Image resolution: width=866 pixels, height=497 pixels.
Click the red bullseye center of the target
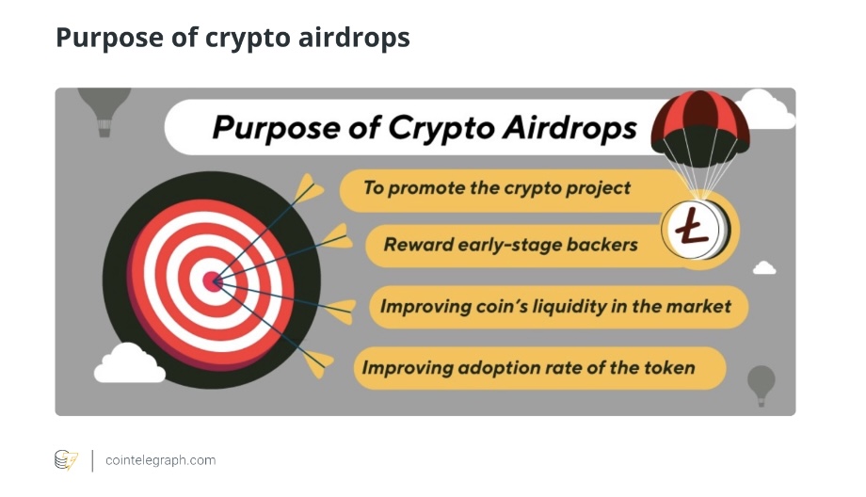[x=212, y=281]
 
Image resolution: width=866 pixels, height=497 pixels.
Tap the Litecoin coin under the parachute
[x=696, y=229]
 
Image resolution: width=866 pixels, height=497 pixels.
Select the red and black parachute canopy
[x=700, y=128]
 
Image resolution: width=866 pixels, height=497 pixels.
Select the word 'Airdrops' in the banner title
[x=569, y=128]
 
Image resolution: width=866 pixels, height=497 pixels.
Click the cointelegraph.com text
[x=161, y=460]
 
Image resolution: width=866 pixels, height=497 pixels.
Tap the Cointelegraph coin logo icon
[x=66, y=460]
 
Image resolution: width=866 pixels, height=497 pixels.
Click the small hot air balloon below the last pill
[x=762, y=385]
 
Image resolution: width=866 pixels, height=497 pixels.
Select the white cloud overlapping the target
[x=130, y=363]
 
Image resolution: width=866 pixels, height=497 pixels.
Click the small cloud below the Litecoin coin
[x=764, y=268]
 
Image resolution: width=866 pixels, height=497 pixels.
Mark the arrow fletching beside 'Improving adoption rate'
[x=318, y=362]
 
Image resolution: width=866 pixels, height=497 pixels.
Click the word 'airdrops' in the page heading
[x=354, y=38]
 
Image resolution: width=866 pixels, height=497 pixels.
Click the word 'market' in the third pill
[x=698, y=306]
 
